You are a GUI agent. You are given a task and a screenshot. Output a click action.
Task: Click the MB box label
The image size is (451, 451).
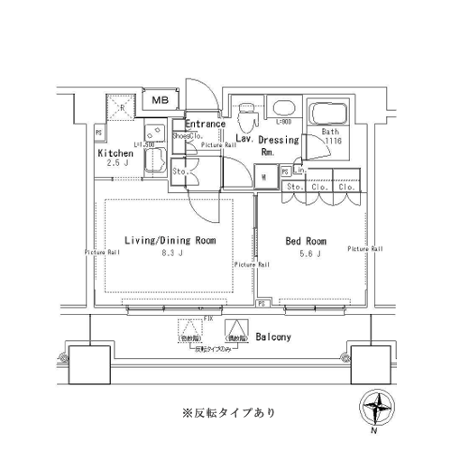tap(160, 101)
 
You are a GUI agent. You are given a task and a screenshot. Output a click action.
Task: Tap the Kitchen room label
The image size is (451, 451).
tap(115, 153)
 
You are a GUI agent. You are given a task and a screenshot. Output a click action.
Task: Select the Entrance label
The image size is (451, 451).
tap(204, 124)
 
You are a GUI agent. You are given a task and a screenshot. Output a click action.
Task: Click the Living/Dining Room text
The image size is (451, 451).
tap(170, 241)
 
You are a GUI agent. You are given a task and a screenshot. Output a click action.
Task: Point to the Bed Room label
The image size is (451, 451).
tap(306, 242)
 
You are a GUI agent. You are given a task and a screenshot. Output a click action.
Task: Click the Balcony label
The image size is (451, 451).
tap(272, 337)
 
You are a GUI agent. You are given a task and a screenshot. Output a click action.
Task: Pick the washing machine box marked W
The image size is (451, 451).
tap(262, 178)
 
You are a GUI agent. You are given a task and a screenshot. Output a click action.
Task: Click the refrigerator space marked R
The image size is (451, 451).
tap(122, 110)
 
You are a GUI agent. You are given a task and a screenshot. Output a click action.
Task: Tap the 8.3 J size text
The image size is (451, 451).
tap(169, 254)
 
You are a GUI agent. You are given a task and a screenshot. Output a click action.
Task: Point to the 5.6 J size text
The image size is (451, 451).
tap(305, 255)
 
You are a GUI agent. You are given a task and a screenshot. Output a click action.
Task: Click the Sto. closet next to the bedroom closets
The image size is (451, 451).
tap(294, 187)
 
